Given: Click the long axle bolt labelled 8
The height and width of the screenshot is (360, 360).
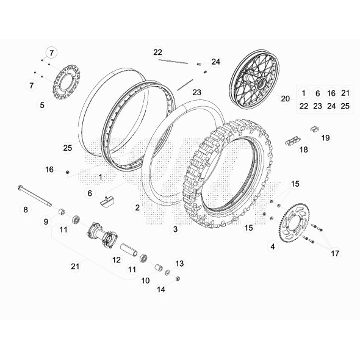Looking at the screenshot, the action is click(34, 196).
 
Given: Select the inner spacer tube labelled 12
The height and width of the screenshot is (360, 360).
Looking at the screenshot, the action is click(129, 250).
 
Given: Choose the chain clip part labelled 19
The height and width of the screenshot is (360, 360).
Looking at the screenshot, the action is click(315, 129).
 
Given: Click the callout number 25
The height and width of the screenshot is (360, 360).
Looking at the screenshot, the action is click(68, 148).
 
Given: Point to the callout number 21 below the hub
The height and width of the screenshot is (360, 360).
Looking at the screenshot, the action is click(75, 266).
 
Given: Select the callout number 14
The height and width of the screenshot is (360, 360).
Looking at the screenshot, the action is click(161, 289).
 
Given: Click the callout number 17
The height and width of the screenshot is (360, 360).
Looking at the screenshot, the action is click(335, 253).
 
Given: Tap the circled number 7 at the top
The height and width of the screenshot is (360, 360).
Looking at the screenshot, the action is click(51, 53).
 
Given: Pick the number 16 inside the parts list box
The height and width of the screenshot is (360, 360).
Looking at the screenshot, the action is click(331, 93).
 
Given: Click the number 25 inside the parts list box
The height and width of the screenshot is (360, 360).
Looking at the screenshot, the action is click(345, 106).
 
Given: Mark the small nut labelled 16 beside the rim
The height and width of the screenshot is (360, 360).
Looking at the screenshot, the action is click(68, 172).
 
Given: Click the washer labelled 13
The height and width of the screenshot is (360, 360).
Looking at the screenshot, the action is click(167, 273).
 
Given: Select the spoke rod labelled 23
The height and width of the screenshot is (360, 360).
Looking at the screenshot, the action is click(185, 85).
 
